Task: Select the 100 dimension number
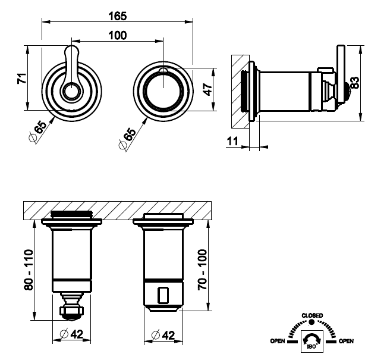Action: [x=118, y=36]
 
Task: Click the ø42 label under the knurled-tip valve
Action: [x=72, y=334]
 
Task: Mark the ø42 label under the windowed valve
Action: [x=163, y=334]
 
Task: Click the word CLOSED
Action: [x=312, y=315]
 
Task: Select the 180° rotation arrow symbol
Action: [x=312, y=340]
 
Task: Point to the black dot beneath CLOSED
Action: [x=312, y=322]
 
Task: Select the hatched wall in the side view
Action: [x=239, y=89]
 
